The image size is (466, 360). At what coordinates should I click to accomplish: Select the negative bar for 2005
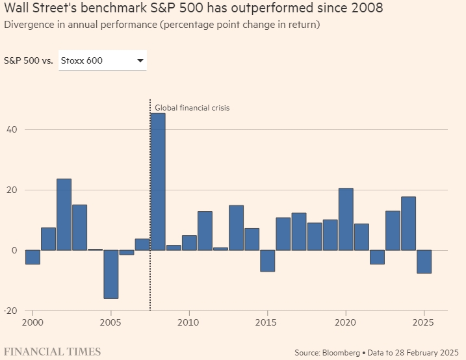point(111,274)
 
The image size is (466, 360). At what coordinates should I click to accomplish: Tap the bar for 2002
point(64,214)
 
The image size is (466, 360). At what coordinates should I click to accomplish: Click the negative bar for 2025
point(424,262)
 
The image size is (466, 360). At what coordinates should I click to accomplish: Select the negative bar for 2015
point(268,261)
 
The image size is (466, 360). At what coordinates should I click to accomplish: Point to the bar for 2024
point(408,224)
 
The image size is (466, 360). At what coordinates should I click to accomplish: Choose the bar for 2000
point(32,257)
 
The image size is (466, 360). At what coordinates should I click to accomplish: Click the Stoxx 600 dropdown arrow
point(140,61)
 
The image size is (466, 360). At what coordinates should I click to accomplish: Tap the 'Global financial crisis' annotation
point(192,108)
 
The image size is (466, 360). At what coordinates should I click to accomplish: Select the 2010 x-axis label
point(188,322)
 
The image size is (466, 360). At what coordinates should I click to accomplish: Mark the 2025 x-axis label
point(423,322)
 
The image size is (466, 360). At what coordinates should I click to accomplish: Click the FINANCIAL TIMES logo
point(51,352)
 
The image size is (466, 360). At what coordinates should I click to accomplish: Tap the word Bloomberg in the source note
point(339,352)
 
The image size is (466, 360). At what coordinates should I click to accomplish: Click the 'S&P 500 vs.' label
point(29,61)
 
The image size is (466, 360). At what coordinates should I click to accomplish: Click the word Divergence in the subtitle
point(27,25)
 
